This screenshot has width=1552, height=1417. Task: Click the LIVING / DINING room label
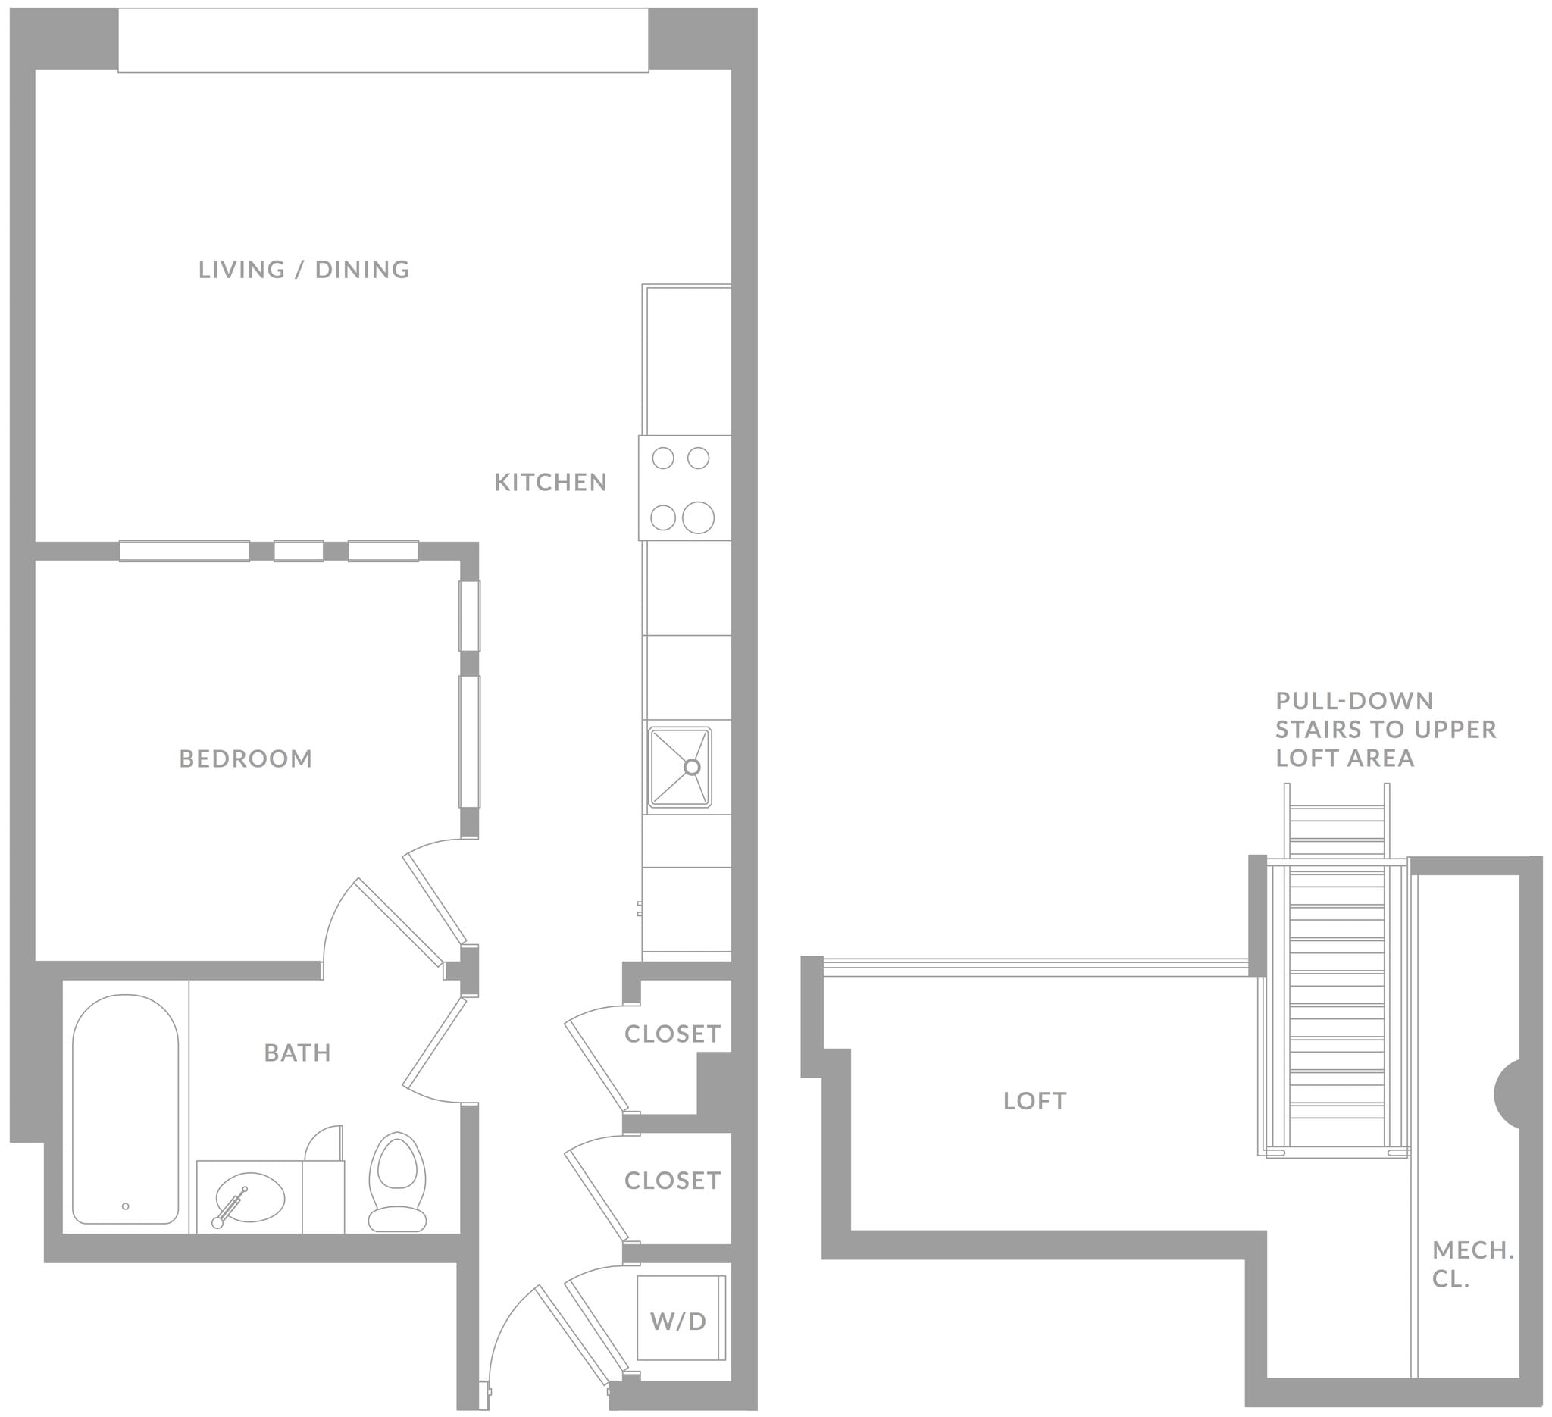(303, 270)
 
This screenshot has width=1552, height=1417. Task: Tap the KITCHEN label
(550, 483)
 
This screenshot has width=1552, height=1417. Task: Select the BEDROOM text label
(246, 759)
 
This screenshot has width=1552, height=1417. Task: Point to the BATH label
(297, 1053)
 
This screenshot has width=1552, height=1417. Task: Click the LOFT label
(1034, 1102)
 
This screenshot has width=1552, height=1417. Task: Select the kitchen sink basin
(679, 768)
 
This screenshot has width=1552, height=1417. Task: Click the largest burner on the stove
(698, 518)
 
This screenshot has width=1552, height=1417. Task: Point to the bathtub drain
(126, 1206)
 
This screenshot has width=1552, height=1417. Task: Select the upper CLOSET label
(672, 1034)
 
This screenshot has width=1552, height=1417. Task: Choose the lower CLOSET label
(672, 1181)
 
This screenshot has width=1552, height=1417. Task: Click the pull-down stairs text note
(1386, 729)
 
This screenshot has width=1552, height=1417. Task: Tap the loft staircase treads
(1338, 1000)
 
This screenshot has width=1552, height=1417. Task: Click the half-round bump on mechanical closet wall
(1507, 1093)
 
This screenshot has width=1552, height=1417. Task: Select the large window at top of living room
(383, 40)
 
